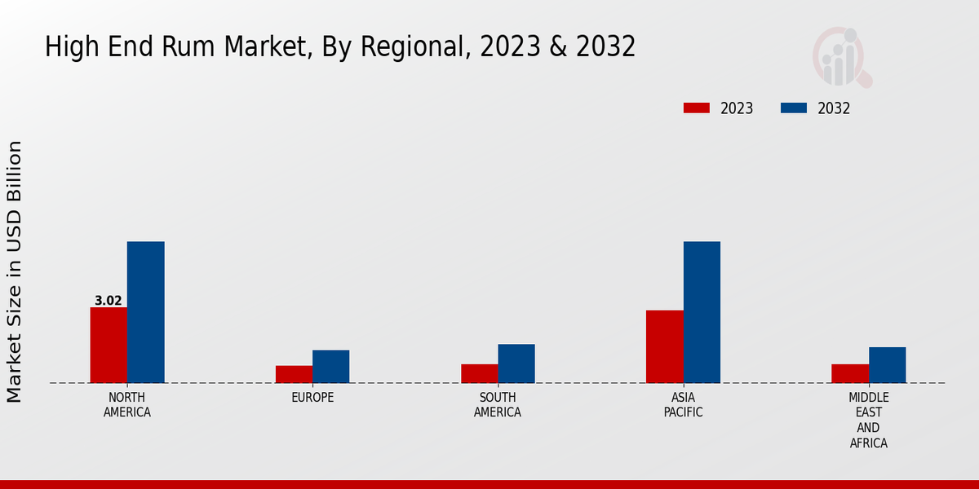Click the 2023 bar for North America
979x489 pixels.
[109, 345]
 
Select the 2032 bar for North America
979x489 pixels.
[145, 312]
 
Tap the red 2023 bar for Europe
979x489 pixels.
[294, 374]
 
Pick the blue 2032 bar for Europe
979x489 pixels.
[330, 366]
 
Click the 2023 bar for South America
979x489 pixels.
[479, 373]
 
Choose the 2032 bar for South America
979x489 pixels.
[516, 363]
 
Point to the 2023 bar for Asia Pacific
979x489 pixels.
[664, 346]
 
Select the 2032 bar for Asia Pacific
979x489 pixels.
[702, 312]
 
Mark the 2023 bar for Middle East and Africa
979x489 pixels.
[850, 373]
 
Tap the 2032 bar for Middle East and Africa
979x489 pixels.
[887, 364]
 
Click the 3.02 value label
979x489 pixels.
[109, 301]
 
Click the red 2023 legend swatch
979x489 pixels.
[697, 108]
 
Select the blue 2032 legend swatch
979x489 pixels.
[794, 108]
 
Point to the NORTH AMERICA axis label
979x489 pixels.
[127, 404]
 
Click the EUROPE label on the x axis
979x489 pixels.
[312, 397]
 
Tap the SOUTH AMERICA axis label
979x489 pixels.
[498, 404]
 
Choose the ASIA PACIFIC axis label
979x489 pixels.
[683, 404]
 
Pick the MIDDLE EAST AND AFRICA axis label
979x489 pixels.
[868, 420]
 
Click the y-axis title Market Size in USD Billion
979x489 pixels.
[15, 271]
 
